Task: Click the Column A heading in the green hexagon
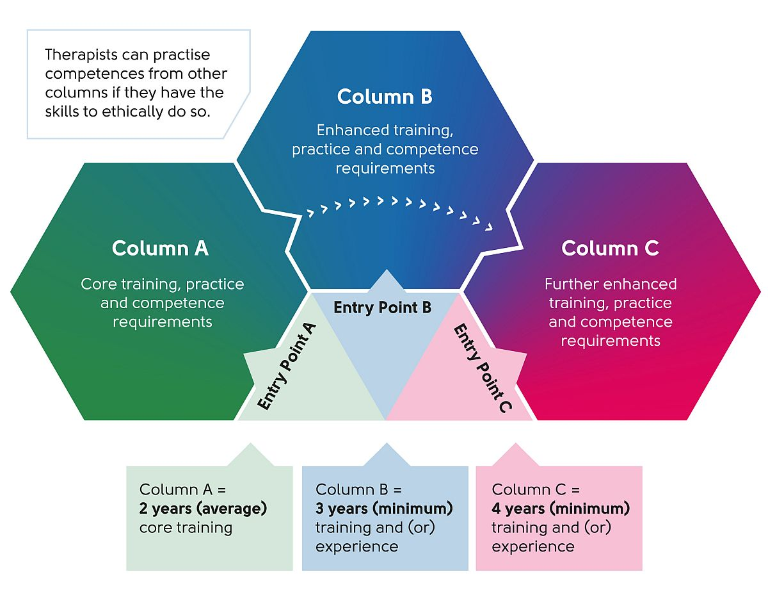[x=160, y=249]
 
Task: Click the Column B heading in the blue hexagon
[x=385, y=97]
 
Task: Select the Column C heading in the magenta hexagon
[x=610, y=249]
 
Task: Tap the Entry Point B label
[x=383, y=307]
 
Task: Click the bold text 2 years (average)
[x=203, y=509]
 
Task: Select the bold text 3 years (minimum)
[x=384, y=509]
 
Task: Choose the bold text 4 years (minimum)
[x=561, y=509]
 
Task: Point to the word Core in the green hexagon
[x=97, y=284]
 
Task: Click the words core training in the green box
[x=186, y=528]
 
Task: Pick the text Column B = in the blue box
[x=358, y=490]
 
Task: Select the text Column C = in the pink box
[x=536, y=490]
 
